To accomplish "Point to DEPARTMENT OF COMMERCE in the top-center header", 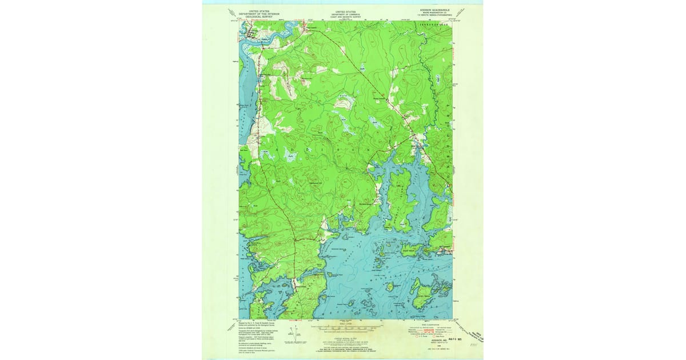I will point(345,14).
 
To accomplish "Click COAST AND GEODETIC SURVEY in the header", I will point(345,18).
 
